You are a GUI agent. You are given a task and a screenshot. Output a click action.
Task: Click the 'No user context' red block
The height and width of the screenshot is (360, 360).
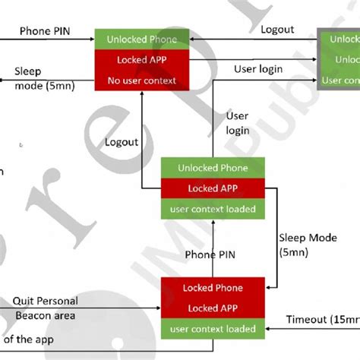141,79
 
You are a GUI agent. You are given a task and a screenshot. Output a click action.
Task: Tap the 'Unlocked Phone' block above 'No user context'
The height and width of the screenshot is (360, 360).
141,39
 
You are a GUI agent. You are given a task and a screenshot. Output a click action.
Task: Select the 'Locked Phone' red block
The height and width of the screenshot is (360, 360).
212,288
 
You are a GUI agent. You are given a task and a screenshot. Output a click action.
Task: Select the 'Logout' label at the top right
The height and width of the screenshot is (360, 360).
277,29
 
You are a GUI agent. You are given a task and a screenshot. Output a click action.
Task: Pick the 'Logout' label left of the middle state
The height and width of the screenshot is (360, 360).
122,141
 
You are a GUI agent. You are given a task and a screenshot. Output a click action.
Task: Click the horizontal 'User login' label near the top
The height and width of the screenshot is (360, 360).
259,69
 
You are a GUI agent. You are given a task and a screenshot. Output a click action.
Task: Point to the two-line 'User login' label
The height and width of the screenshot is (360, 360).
238,122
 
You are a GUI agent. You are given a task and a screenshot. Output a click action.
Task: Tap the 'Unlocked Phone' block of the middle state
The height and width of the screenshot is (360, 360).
212,168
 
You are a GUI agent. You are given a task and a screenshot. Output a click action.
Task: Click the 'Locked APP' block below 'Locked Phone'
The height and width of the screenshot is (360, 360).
212,308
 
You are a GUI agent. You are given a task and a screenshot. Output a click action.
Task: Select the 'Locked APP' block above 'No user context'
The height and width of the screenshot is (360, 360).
141,59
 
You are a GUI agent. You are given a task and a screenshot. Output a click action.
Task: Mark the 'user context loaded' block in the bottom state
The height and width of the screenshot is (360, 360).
212,329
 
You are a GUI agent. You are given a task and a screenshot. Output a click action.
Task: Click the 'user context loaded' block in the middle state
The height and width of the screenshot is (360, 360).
212,208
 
